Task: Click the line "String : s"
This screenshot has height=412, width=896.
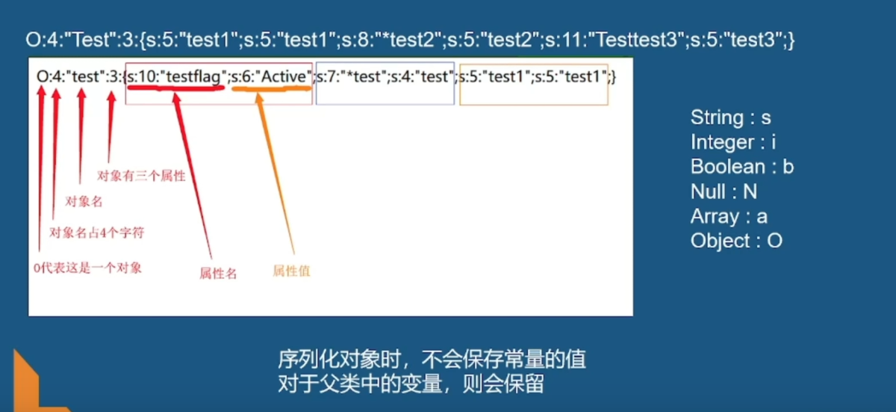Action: point(730,117)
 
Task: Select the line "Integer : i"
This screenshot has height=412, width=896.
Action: point(733,142)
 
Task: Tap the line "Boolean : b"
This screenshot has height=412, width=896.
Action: point(741,167)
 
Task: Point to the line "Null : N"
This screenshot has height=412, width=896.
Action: point(724,191)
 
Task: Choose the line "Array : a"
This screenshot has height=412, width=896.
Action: point(729,216)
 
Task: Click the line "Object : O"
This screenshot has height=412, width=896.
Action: point(736,241)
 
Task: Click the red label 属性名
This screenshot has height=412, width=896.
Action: point(218,274)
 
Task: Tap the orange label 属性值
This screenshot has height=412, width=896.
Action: point(291,271)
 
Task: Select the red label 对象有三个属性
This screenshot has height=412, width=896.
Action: point(141,176)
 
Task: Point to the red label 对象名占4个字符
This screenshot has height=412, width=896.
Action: point(96,233)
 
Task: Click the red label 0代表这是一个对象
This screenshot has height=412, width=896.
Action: point(87,268)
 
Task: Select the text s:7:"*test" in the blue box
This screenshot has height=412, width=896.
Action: point(351,76)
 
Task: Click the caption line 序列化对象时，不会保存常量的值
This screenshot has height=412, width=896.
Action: point(432,360)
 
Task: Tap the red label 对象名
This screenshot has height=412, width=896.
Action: point(84,201)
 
